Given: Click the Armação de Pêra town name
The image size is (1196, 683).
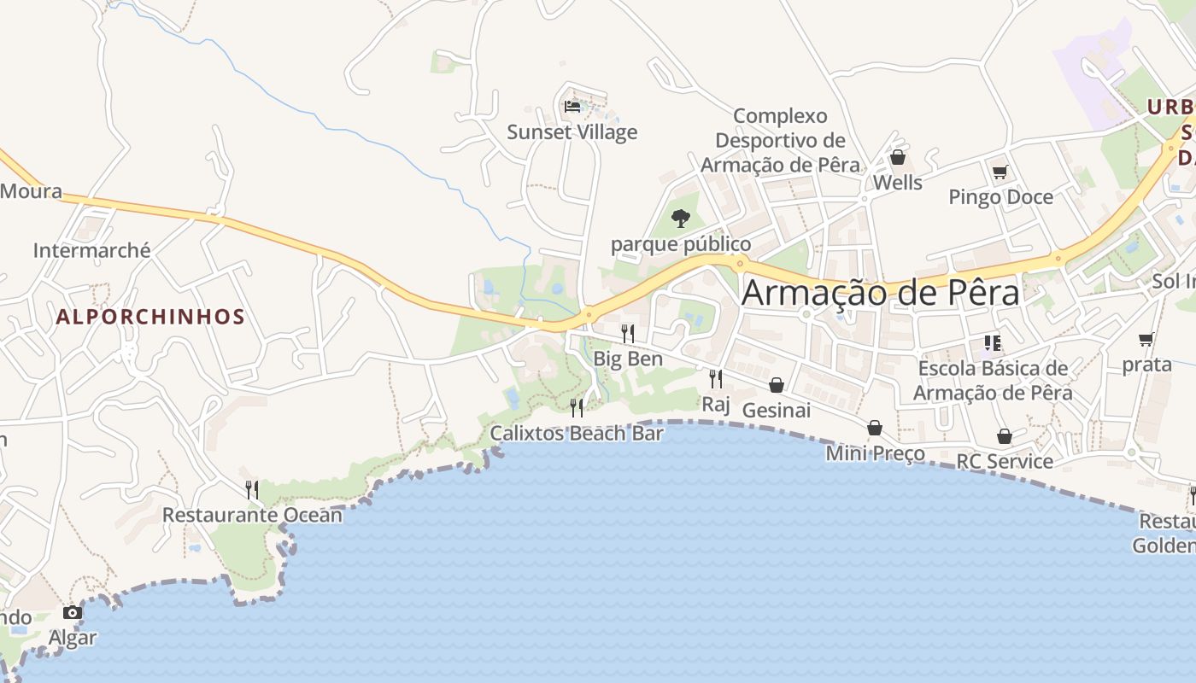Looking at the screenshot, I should tap(880, 293).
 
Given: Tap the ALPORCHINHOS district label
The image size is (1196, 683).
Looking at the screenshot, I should tap(150, 317).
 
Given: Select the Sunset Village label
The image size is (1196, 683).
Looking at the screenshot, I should tap(572, 132).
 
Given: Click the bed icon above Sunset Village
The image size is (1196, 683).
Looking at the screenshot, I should tap(572, 107).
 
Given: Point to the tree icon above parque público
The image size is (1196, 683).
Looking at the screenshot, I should tap(681, 219).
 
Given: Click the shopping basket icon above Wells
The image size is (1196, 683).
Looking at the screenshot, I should tap(897, 157).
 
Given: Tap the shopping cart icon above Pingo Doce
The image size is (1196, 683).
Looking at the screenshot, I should tap(1000, 172).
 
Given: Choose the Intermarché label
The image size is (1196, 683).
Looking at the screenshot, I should tap(91, 250).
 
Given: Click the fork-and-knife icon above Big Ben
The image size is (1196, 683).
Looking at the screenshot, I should tap(628, 333).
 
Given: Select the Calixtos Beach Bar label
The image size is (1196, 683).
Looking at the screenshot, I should tap(577, 434).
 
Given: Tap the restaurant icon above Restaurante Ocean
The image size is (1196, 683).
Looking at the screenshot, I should tap(252, 489).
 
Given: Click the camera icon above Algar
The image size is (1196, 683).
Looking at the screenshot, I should tap(73, 612).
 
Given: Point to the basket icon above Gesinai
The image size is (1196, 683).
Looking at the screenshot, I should tap(777, 385).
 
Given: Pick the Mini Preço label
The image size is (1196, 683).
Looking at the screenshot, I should tap(875, 453).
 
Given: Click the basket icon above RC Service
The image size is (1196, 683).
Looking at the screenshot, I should tap(1005, 436).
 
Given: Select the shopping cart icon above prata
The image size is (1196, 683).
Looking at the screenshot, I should tap(1146, 339).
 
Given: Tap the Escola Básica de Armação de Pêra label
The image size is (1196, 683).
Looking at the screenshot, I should tap(993, 381).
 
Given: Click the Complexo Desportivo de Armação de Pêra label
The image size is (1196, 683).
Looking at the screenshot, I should tap(781, 140).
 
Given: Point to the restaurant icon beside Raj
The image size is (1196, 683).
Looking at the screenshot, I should tap(716, 378).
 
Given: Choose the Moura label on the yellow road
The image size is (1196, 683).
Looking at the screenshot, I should tap(31, 190).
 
